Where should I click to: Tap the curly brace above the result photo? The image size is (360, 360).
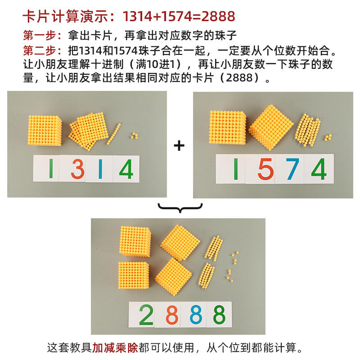pos(180,208)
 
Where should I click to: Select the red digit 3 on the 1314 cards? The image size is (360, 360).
pos(77,170)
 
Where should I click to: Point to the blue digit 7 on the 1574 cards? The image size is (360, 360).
pos(292,170)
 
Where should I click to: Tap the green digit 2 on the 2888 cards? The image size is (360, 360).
pos(147,315)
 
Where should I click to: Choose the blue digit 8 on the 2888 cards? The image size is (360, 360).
pos(195,315)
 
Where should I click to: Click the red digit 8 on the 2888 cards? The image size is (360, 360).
pos(171,315)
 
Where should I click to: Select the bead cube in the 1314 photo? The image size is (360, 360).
pos(45,130)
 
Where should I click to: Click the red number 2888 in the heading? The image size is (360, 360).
pos(218,16)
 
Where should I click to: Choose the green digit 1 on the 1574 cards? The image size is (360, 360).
pos(235,170)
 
